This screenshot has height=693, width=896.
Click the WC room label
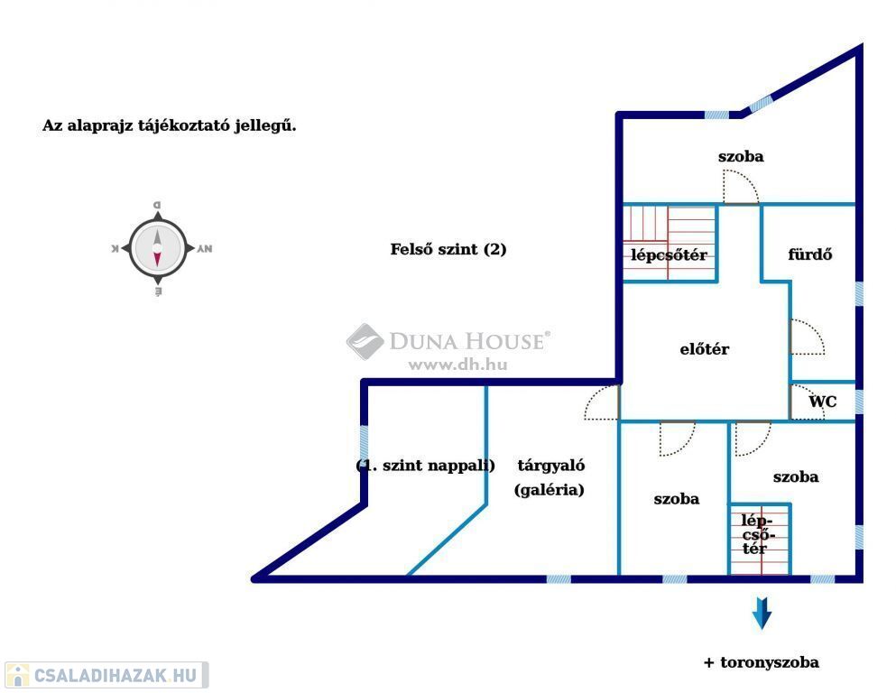(822, 402)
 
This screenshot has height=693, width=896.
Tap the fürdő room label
(809, 254)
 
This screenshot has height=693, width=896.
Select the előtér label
(705, 348)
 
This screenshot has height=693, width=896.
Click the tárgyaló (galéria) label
(550, 477)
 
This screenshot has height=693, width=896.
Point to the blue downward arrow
(762, 613)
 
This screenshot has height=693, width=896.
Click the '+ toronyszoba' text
(762, 662)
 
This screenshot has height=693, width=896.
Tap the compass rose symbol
(158, 249)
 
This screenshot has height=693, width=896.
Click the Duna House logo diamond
(365, 342)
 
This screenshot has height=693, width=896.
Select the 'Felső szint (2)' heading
(448, 249)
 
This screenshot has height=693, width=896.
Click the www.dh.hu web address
(457, 365)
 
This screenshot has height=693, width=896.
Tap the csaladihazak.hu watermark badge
(106, 675)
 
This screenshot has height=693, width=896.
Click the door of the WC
(807, 402)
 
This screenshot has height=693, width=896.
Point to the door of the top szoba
(741, 186)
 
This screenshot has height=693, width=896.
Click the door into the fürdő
(808, 337)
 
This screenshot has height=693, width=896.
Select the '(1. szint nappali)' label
(425, 465)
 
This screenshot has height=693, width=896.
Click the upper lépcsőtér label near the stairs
(669, 254)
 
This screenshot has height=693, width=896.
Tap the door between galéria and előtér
(602, 402)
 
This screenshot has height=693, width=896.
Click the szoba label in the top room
(741, 156)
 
